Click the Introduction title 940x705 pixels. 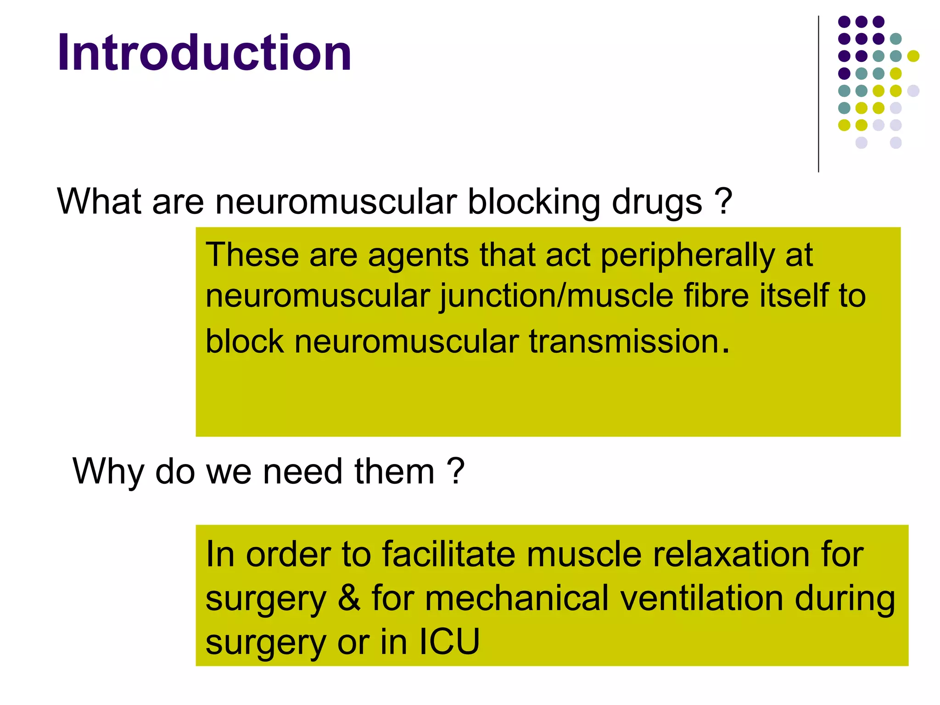204,53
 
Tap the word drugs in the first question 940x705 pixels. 657,202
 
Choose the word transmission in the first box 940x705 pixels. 624,342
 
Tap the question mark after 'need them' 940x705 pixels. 456,471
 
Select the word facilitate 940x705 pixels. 448,554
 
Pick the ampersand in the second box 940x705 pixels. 349,599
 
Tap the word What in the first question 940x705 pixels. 99,202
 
